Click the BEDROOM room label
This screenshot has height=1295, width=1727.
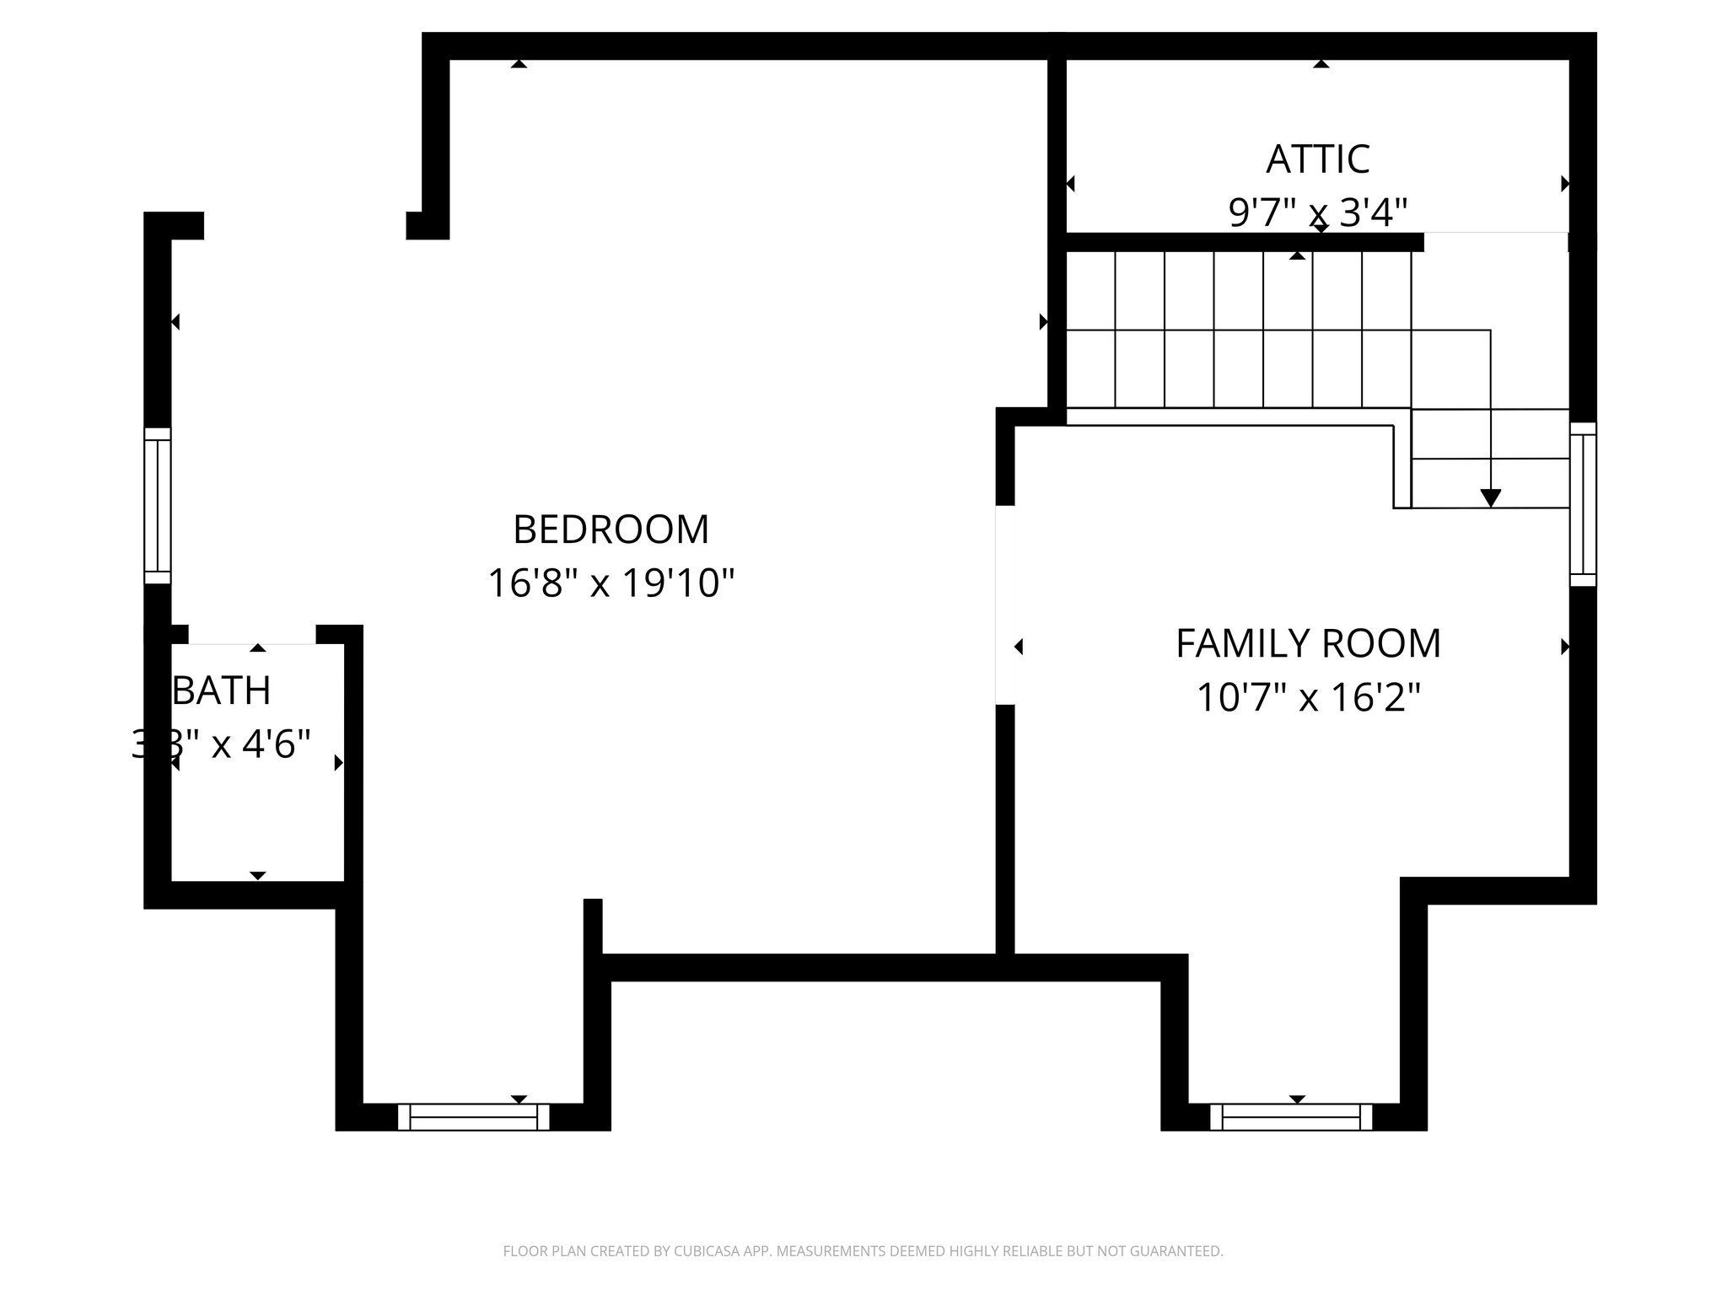[611, 529]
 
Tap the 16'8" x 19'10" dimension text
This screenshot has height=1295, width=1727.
[611, 583]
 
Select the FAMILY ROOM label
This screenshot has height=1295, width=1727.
[1308, 644]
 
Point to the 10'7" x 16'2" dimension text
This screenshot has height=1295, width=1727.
[1308, 698]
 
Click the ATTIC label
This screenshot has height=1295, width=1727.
[1318, 159]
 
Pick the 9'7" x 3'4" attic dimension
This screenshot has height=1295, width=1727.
[1318, 212]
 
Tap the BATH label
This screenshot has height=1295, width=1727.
[222, 691]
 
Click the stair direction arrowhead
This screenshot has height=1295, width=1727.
[1490, 498]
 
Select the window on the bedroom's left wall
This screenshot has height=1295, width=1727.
[158, 506]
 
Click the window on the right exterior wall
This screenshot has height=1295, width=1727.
[1583, 504]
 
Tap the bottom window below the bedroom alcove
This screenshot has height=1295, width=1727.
[473, 1117]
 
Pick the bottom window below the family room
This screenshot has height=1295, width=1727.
[1290, 1117]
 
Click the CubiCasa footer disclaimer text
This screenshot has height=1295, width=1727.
[863, 1251]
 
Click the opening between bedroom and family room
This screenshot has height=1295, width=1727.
[1004, 605]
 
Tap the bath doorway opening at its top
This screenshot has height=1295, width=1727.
[251, 635]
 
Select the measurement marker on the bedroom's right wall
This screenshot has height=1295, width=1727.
[1043, 321]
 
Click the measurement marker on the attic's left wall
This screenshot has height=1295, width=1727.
[1071, 184]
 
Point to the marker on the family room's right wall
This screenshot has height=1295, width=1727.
[1565, 647]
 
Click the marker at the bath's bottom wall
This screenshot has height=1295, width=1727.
[258, 876]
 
